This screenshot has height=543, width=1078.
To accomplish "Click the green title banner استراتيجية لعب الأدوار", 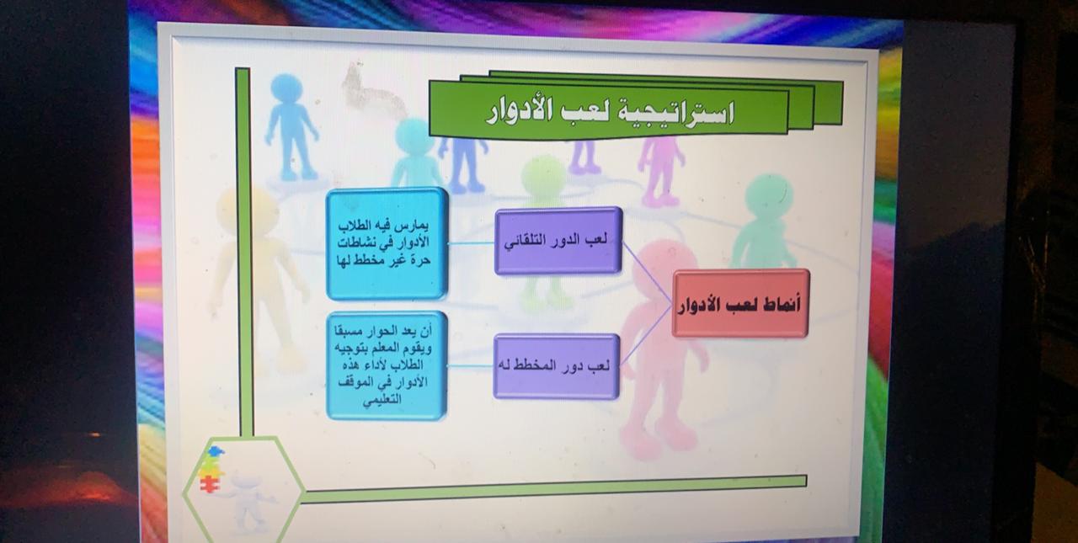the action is [x=609, y=109].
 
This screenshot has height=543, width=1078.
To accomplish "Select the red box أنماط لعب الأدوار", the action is [x=740, y=303].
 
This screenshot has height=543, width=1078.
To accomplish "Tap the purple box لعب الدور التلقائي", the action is [x=558, y=241].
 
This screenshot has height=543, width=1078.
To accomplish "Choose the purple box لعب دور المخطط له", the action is [x=557, y=366].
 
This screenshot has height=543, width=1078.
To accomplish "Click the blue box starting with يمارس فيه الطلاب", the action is [x=386, y=243].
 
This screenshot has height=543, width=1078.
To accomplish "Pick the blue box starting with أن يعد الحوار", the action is [x=386, y=365].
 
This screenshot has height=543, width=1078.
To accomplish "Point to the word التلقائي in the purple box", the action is [x=527, y=241].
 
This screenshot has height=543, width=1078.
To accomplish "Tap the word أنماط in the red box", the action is [x=779, y=305].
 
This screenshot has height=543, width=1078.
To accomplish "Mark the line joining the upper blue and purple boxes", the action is [x=471, y=243].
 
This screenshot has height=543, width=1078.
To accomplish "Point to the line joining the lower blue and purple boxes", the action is [x=470, y=366].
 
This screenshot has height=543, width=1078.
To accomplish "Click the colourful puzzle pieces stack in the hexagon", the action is [x=211, y=470].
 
